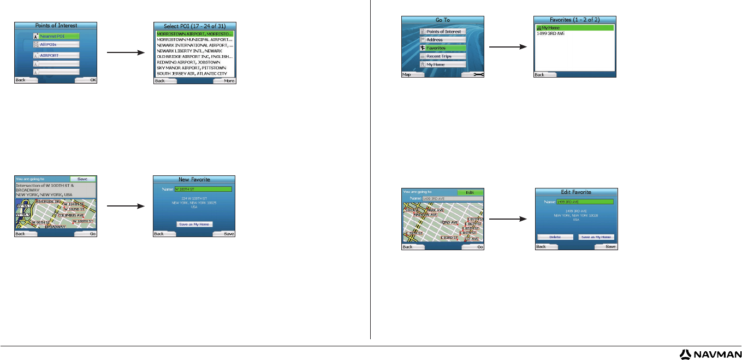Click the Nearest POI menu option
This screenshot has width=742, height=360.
[56, 36]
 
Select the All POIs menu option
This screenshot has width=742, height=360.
[56, 44]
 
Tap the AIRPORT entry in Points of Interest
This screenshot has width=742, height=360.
[56, 55]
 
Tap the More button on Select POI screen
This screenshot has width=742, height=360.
[224, 80]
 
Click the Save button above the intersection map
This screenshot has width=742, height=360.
[83, 179]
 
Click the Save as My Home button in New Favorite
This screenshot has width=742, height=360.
[194, 224]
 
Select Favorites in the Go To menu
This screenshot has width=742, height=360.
[443, 48]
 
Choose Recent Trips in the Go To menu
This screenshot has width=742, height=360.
[443, 56]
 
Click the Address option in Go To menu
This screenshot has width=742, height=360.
[443, 40]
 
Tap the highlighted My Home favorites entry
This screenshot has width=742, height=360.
[575, 27]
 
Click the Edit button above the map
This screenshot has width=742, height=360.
[470, 192]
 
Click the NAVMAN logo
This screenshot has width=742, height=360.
[710, 354]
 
